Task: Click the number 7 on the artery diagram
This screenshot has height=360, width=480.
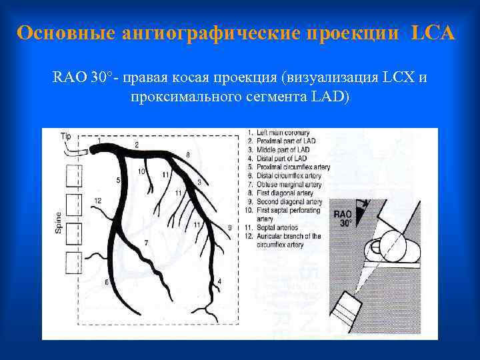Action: [x=146, y=243]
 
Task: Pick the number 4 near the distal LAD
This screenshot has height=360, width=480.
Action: [x=219, y=281]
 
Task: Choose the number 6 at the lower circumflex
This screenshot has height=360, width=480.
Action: [x=105, y=282]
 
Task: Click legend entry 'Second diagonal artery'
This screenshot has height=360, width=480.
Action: [x=289, y=201]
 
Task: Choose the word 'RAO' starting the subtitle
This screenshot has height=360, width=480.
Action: [x=69, y=77]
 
